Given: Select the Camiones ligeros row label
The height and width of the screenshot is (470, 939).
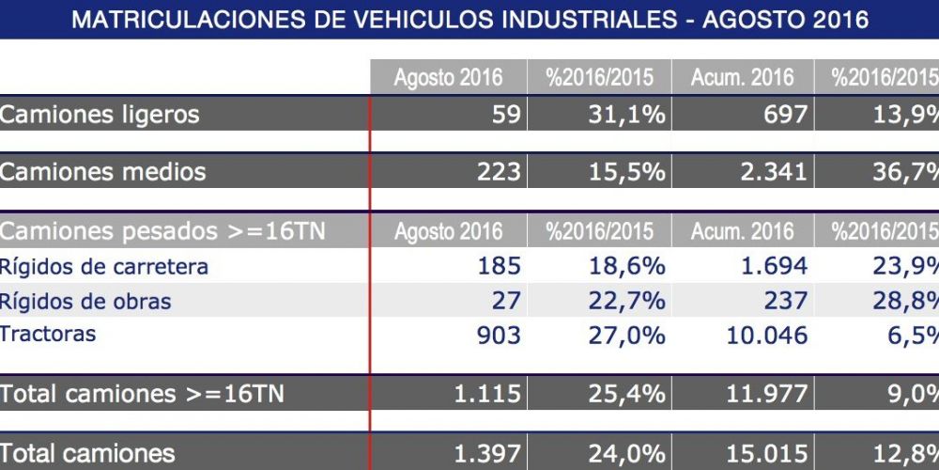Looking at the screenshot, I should click(x=100, y=115).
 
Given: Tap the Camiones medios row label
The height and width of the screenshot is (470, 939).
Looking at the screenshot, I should click(x=103, y=172).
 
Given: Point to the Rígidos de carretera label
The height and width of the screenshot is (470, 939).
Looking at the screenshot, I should click(x=104, y=266).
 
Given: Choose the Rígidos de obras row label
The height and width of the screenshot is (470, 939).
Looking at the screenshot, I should click(x=85, y=302).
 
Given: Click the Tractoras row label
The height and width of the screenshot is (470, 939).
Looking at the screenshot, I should click(x=48, y=334).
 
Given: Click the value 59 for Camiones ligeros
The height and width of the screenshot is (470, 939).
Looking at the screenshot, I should click(x=506, y=115).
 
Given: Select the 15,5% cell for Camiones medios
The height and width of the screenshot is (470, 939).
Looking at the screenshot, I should click(x=628, y=172).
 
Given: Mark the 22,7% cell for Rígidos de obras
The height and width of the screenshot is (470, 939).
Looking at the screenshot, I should click(x=628, y=302).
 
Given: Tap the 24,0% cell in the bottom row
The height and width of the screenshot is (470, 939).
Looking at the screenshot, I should click(x=628, y=454).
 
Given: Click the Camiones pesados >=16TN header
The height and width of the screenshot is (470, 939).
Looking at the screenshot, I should click(x=162, y=231).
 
